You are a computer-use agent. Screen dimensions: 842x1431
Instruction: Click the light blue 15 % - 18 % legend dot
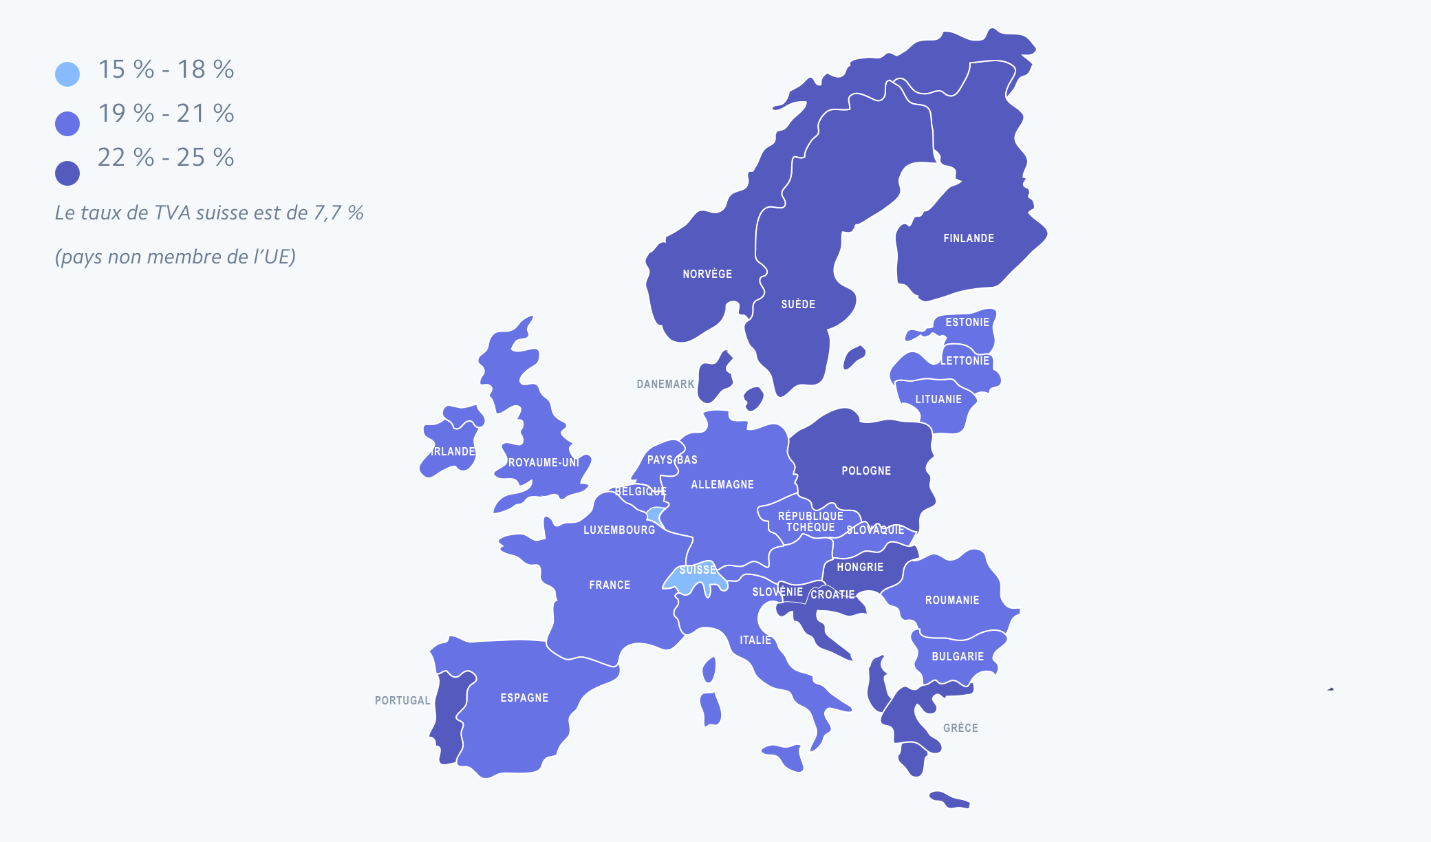67,74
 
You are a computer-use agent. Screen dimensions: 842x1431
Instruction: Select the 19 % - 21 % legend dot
67,124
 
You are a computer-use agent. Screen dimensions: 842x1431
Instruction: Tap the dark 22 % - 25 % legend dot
67,173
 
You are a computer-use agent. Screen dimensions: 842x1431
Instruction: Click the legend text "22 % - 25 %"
166,158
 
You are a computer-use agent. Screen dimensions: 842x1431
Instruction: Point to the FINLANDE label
969,239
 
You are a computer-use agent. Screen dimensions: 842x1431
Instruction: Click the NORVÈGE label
707,274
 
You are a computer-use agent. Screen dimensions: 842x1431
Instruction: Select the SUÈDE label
798,305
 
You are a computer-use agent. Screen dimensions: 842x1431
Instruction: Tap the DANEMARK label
665,385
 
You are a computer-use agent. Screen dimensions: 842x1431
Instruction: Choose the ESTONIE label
967,323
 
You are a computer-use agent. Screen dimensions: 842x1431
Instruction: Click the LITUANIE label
938,400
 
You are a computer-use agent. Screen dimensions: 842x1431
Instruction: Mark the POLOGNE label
866,471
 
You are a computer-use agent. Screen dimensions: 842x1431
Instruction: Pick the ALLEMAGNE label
722,485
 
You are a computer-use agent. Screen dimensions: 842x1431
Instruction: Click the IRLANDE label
453,452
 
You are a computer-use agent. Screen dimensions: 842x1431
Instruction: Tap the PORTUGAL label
402,701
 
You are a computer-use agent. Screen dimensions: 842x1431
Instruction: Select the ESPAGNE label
524,698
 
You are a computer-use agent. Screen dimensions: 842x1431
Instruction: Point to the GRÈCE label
960,728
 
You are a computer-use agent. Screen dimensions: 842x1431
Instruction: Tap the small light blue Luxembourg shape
656,515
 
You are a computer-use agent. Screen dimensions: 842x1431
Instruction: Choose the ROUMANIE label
952,601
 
